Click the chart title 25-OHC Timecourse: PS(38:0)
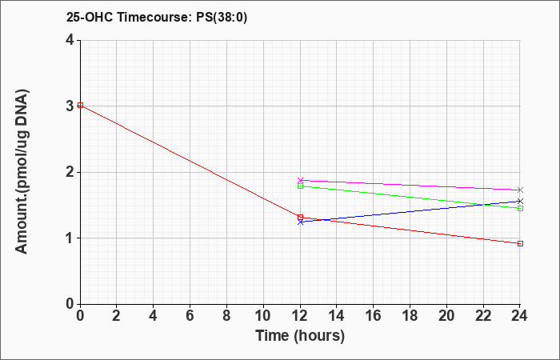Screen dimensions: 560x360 tap(157, 17)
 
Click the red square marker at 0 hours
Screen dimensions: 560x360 tap(80, 105)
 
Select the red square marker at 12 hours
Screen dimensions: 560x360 tap(300, 217)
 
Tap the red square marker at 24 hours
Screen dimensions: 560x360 tap(520, 243)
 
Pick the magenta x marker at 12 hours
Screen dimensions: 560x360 tap(300, 180)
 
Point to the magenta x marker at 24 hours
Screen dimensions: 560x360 tap(520, 190)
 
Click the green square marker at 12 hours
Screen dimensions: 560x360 tap(300, 186)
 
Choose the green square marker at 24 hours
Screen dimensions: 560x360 tap(520, 208)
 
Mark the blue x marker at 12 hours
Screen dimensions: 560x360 tap(300, 222)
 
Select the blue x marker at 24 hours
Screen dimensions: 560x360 tap(520, 201)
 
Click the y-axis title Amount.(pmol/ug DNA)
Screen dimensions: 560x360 tap(22, 171)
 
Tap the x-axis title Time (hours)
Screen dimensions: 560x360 tap(300, 336)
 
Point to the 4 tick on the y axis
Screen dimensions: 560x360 tap(70, 40)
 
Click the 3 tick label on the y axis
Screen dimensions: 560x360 tap(70, 106)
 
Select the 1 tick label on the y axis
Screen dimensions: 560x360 tap(70, 238)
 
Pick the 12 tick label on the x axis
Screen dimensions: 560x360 tap(300, 316)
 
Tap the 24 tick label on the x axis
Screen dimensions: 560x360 tap(520, 316)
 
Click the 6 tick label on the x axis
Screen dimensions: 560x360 tap(190, 316)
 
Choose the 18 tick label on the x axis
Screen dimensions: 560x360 tap(410, 316)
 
